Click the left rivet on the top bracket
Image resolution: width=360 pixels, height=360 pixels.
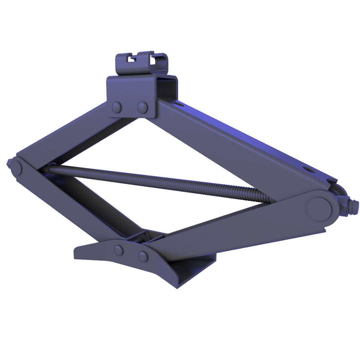pos(117,107)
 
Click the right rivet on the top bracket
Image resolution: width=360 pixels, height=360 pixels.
pos(142,107)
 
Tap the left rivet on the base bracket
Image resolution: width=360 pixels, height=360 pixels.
pos(118,250)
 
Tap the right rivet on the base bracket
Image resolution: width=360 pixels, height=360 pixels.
pos(143,256)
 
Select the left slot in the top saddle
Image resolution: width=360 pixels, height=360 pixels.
pos(132,59)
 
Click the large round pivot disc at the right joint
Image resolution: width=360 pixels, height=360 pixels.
pos(319,209)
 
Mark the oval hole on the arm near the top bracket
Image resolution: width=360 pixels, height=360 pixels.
pos(180,104)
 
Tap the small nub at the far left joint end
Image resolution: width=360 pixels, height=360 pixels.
pos(8,163)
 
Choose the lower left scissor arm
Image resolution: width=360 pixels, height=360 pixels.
pos(77,203)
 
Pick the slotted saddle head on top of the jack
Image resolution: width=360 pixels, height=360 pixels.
pos(142,63)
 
